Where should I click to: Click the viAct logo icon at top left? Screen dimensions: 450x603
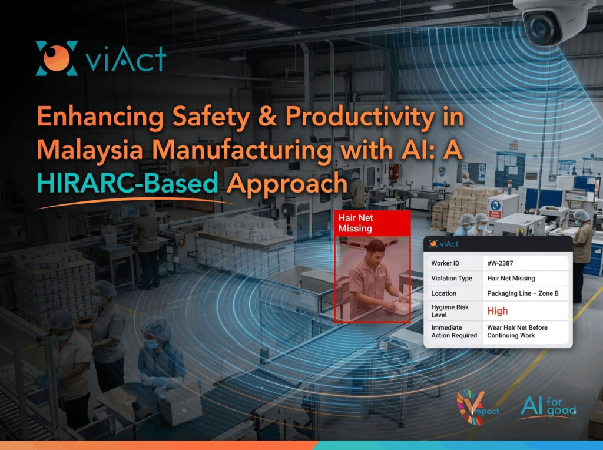[x=56, y=58]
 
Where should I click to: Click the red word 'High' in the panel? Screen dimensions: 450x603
[x=497, y=311]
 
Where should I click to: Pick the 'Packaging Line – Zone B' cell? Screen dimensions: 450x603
[x=523, y=293]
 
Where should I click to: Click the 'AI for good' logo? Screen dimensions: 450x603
[x=548, y=406]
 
